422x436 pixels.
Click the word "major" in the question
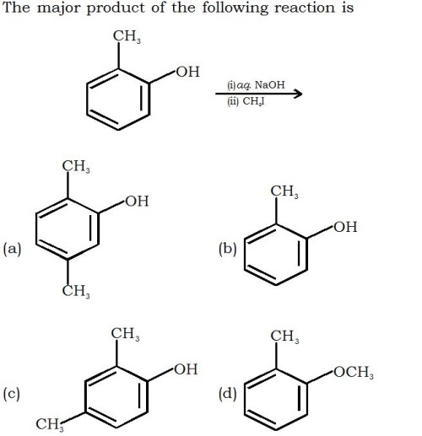pos(59,8)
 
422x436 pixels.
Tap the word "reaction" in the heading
pos(305,8)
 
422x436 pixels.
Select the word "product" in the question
pos(116,8)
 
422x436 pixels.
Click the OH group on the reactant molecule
pos(188,72)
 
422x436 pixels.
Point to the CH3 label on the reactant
pos(127,36)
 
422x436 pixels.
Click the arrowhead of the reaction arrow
pos(297,94)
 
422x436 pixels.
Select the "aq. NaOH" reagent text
pos(261,85)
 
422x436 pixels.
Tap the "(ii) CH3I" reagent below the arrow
pos(246,101)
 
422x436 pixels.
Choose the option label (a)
pos(12,249)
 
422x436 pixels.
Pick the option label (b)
pos(228,249)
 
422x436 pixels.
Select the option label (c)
pos(12,394)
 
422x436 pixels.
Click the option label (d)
pos(228,394)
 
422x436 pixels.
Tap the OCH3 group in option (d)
pos(354,372)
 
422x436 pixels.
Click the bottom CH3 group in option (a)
pos(76,291)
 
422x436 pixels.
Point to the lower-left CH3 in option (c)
pos(50,424)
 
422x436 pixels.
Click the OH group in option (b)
pos(345,227)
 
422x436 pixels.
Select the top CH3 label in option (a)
pos(76,166)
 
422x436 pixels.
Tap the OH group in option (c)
pos(186,369)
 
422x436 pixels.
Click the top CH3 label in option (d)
pos(284,336)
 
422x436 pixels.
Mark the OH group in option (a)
pos(137,201)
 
